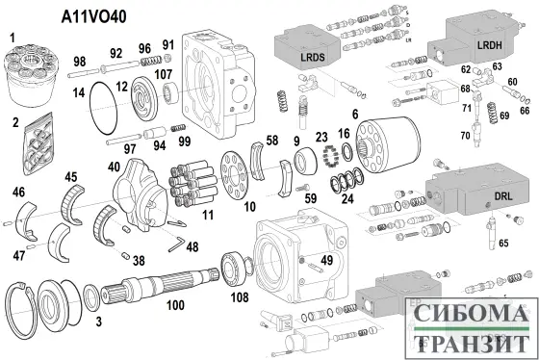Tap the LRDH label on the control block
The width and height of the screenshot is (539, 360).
click(x=491, y=45)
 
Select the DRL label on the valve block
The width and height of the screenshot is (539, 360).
click(x=490, y=193)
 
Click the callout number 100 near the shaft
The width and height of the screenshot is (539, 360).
click(x=175, y=306)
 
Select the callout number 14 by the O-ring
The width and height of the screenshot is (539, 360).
click(x=80, y=91)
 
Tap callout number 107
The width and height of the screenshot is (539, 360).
click(x=164, y=74)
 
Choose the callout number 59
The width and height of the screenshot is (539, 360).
click(x=309, y=199)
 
